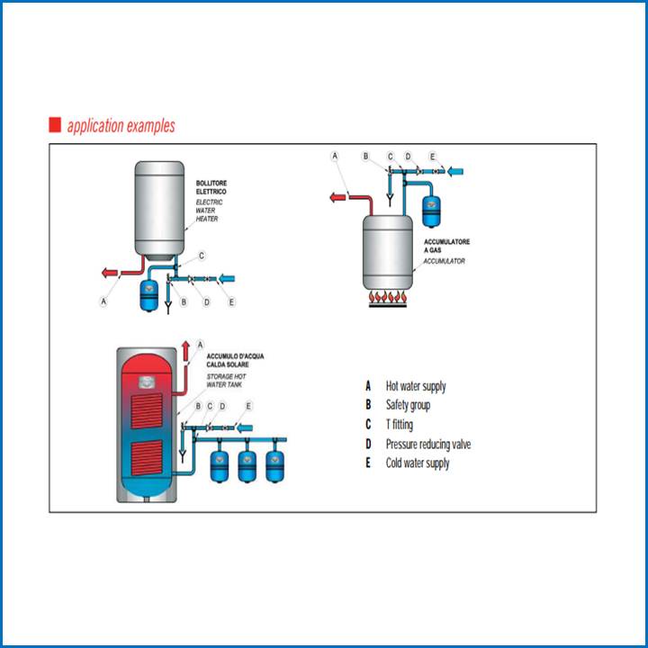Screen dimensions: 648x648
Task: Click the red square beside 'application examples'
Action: pyautogui.click(x=54, y=125)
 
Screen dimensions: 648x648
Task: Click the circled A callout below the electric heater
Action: pyautogui.click(x=103, y=301)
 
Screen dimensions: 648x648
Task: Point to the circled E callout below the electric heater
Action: pyautogui.click(x=231, y=301)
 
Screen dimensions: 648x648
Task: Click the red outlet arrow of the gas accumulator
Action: pyautogui.click(x=340, y=195)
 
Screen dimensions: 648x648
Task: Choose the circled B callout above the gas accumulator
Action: pyautogui.click(x=365, y=157)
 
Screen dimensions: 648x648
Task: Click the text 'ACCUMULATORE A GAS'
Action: pyautogui.click(x=446, y=246)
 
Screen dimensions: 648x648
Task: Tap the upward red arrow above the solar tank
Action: pyautogui.click(x=186, y=350)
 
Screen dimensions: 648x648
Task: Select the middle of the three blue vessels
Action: pyautogui.click(x=247, y=464)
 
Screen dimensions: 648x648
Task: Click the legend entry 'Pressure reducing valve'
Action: pyautogui.click(x=427, y=444)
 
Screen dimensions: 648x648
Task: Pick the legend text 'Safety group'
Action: pyautogui.click(x=408, y=405)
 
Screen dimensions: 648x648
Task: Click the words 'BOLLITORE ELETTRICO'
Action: pyautogui.click(x=211, y=187)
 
